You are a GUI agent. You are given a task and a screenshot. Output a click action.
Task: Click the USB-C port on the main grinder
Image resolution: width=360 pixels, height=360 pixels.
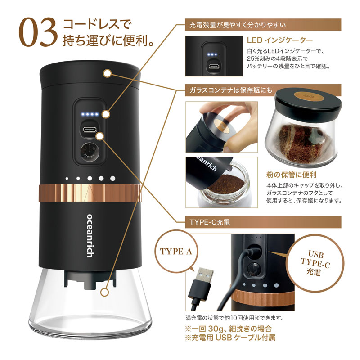click(88, 130)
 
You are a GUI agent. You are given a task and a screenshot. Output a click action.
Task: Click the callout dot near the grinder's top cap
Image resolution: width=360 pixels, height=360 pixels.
click(107, 72)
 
